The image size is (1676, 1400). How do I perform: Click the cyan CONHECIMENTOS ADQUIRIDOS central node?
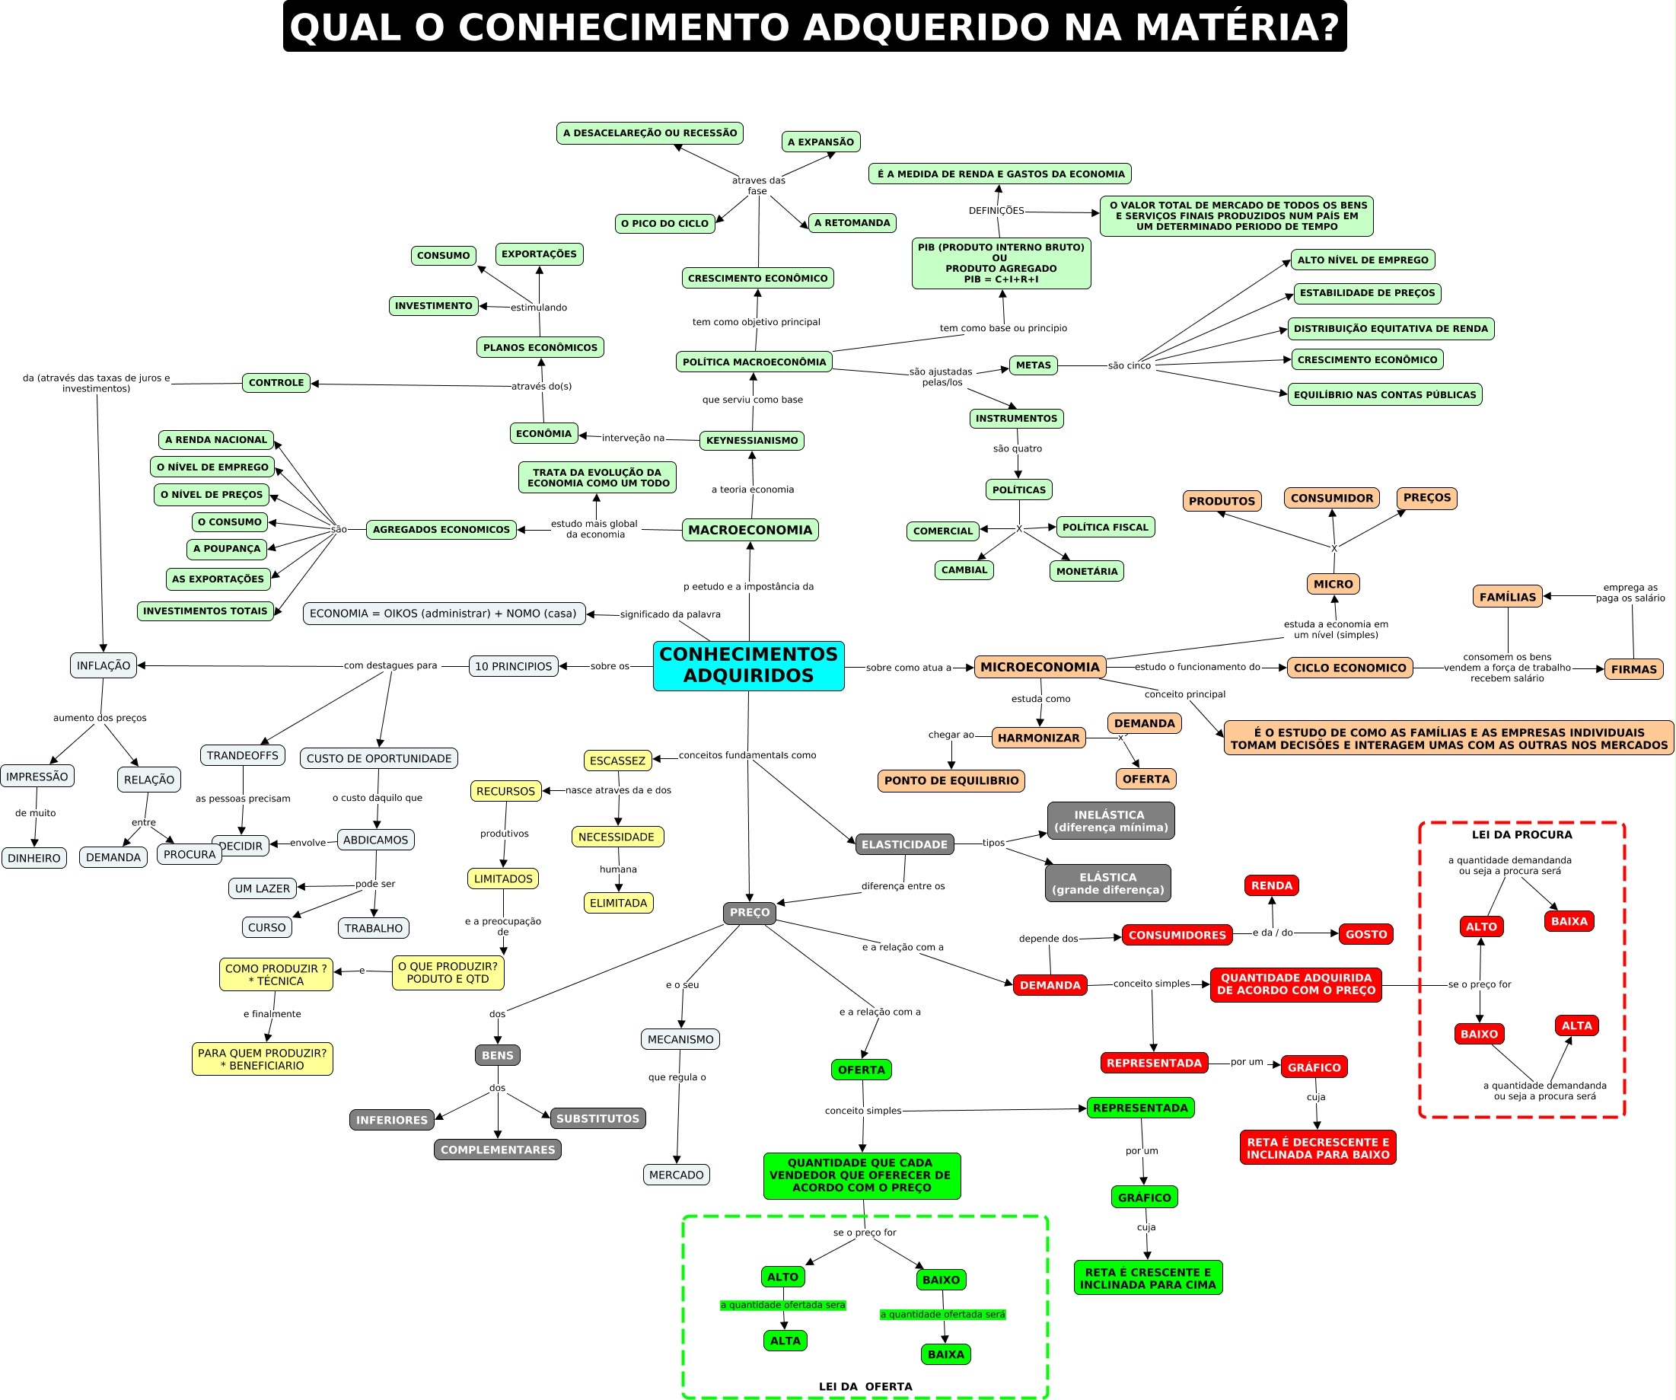[x=748, y=665]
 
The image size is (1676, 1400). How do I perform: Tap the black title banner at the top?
[x=814, y=27]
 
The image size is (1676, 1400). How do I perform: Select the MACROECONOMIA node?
[x=750, y=529]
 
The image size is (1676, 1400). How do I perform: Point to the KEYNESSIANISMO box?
[x=751, y=440]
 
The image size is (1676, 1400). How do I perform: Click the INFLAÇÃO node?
[x=103, y=665]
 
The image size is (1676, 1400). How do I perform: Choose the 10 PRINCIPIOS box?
[x=513, y=665]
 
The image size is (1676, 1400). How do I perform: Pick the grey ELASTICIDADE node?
[x=903, y=844]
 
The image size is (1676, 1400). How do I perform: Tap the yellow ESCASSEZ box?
[x=617, y=760]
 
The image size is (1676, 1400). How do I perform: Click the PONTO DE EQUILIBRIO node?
[x=951, y=780]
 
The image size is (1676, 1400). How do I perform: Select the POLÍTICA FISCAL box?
[x=1104, y=527]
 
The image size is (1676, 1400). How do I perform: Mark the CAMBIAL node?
[x=964, y=569]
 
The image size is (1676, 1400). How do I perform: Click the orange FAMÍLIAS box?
[x=1507, y=596]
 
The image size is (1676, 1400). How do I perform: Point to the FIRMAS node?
[x=1633, y=669]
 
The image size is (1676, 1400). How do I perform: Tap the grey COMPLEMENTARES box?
[x=497, y=1150]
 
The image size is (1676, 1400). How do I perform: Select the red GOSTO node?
[x=1365, y=934]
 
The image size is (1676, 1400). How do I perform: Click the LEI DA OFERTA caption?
[x=865, y=1386]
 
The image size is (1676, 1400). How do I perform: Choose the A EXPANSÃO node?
[x=820, y=142]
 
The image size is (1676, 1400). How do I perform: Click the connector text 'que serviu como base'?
[x=752, y=399]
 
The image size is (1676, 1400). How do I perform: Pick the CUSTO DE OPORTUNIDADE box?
[x=378, y=757]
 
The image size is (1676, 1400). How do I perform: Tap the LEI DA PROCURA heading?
[x=1521, y=834]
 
